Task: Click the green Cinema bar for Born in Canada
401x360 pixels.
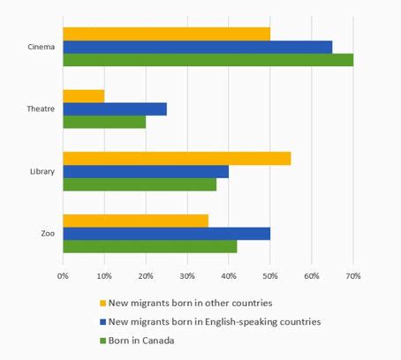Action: point(208,60)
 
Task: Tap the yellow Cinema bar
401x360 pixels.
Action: point(166,34)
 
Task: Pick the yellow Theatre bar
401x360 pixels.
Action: point(83,95)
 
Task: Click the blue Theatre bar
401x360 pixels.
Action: point(114,109)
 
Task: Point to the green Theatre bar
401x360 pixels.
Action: point(103,122)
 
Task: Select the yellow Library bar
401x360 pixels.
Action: point(177,158)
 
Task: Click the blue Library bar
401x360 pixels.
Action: point(146,171)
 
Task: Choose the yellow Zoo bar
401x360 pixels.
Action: point(135,220)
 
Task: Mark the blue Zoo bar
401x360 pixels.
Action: point(166,233)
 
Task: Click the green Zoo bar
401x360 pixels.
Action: point(149,246)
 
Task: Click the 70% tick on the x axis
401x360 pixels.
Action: point(353,276)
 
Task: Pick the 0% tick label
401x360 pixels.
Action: point(63,276)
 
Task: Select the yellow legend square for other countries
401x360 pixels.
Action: point(102,302)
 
